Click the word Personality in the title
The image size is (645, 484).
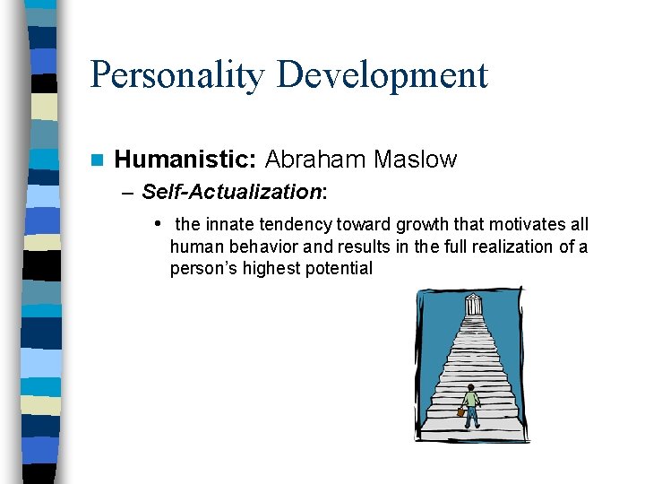pos(177,75)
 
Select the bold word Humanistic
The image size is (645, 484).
pos(186,160)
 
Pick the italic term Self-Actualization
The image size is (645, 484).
pos(232,191)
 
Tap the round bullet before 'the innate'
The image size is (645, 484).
pos(157,223)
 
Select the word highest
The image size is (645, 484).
pos(269,269)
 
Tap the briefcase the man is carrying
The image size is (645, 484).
pos(461,411)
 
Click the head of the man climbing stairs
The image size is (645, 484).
pos(470,388)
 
